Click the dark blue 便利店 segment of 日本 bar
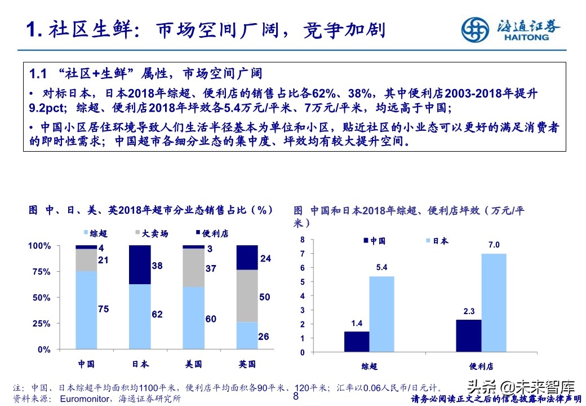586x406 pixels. click(140, 264)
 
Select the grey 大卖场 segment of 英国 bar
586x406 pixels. click(247, 296)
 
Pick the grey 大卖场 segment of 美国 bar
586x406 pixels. click(193, 267)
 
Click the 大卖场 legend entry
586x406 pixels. click(152, 233)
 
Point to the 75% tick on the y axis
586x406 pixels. click(39, 272)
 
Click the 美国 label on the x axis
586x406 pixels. click(193, 364)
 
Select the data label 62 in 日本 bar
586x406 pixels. click(157, 314)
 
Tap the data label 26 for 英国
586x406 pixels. click(264, 337)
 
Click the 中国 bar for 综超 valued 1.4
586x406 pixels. click(357, 342)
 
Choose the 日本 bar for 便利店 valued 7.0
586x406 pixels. click(494, 303)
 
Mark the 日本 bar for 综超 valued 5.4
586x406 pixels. click(381, 314)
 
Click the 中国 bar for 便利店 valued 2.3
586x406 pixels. click(468, 336)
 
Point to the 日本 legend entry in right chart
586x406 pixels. click(437, 241)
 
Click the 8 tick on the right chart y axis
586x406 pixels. click(302, 240)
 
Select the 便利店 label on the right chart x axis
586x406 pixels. click(481, 367)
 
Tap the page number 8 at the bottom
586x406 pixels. click(295, 396)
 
